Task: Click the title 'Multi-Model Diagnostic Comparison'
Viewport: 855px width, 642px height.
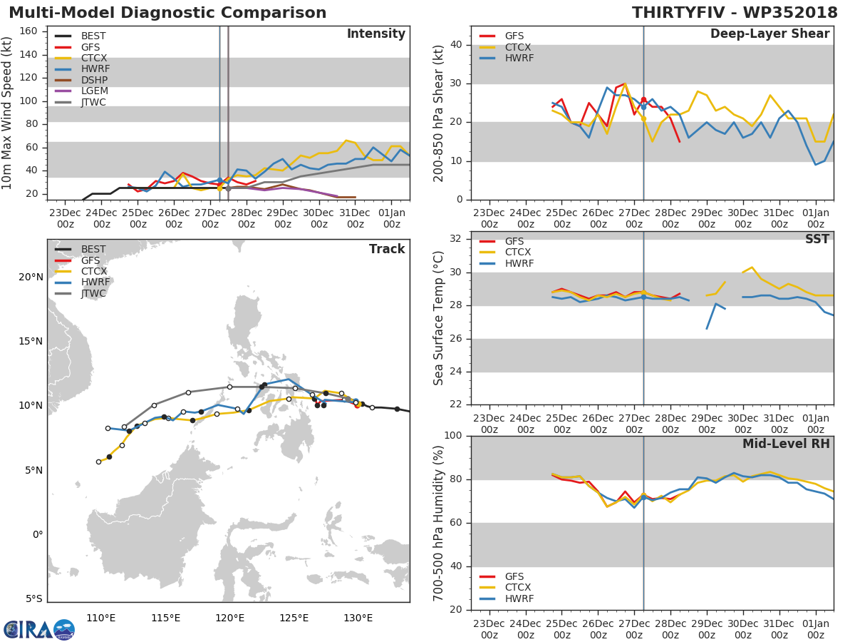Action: pos(167,13)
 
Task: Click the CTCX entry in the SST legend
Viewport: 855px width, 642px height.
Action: pos(518,253)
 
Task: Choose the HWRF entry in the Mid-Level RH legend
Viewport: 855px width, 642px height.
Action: pos(518,598)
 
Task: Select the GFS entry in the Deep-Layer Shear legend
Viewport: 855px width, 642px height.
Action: pos(514,36)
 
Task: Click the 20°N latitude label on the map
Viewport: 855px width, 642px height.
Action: pos(30,277)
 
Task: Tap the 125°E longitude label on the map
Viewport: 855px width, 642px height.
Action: pos(294,618)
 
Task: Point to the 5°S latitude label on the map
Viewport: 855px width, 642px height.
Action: pos(33,598)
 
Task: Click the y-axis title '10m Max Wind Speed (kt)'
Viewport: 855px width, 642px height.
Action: pos(8,113)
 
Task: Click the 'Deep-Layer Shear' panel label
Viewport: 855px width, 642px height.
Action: pos(769,34)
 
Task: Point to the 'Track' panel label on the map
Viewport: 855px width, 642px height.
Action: pos(387,249)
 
